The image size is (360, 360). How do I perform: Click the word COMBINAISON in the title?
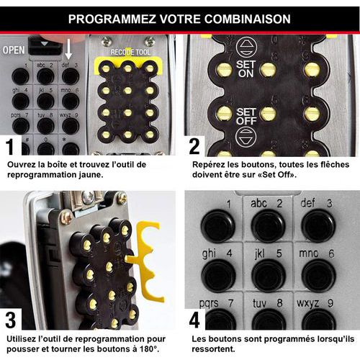pos(247,19)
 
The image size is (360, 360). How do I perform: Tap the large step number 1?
pos(10,147)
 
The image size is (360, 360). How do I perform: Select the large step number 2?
pos(194,146)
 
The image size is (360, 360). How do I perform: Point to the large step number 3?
pos(11,320)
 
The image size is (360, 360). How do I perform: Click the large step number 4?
pos(194,320)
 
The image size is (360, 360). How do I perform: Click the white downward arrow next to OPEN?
pos(68,49)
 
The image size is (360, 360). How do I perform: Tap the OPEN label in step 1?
pos(14,50)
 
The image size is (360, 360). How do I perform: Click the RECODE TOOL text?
pos(130,52)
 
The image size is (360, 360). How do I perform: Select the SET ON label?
pos(246,69)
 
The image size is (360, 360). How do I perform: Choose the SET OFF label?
pos(246,116)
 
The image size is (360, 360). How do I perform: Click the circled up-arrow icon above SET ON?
pos(246,47)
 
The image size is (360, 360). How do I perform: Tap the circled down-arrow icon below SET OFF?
pos(246,137)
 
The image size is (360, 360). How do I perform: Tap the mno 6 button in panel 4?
pos(318,276)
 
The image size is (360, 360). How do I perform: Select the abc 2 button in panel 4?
pos(268,225)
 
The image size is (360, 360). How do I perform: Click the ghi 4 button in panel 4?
pos(218,276)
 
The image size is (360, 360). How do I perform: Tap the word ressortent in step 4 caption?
pos(213,348)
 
